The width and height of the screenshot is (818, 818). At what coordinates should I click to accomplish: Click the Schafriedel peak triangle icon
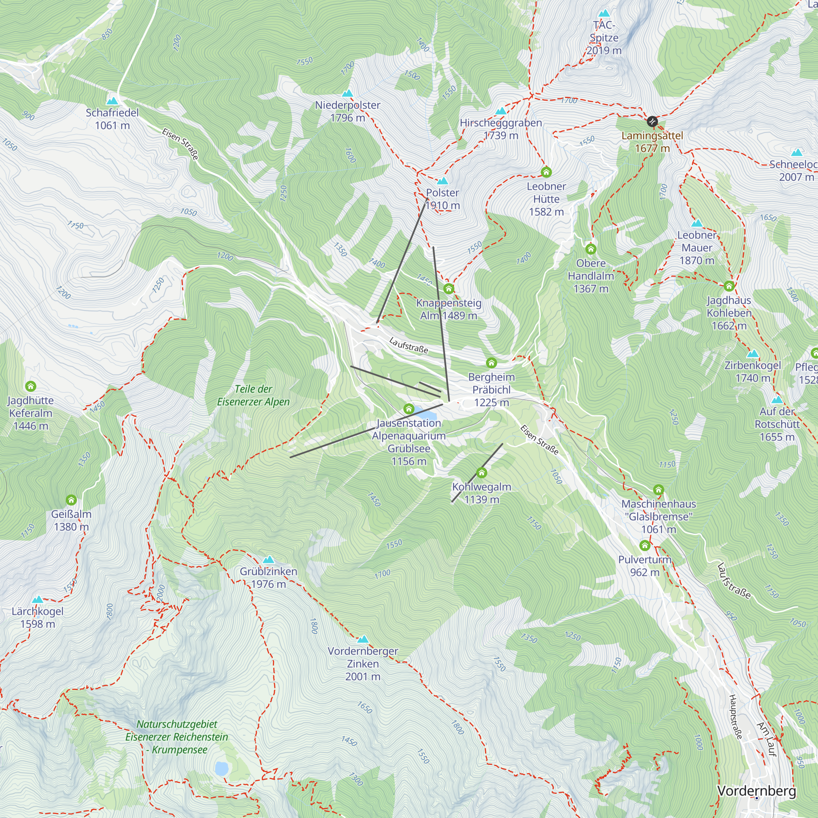pos(112,101)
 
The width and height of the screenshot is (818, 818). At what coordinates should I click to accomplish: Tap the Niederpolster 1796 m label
pos(348,111)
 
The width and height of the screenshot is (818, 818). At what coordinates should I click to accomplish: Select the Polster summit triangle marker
pos(443,181)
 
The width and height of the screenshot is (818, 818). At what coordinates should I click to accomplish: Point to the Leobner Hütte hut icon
pos(546,172)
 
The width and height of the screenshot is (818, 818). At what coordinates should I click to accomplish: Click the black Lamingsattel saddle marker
pos(652,122)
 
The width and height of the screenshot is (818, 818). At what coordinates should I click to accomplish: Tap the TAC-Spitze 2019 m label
pos(604,38)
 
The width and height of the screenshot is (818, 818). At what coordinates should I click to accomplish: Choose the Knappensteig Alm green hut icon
pos(448,289)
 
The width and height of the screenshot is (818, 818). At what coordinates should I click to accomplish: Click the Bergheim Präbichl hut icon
pos(491,363)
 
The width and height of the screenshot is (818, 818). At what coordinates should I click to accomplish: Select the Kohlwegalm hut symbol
pos(481,472)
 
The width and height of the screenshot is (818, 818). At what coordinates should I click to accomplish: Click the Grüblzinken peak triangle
pos(268,560)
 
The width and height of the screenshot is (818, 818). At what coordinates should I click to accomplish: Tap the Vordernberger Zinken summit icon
pos(363,639)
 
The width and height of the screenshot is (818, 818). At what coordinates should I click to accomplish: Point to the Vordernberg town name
pos(757,791)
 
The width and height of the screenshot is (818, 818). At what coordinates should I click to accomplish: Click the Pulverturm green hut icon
pos(645,545)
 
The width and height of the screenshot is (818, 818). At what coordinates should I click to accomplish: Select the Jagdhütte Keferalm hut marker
pos(31,386)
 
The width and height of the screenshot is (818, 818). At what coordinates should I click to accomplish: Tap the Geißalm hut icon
pos(71,500)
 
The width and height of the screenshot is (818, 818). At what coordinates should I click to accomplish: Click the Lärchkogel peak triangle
pos(38,600)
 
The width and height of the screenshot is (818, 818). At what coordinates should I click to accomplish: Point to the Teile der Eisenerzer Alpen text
pos(253,395)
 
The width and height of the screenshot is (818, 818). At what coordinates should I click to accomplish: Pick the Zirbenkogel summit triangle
pos(753,353)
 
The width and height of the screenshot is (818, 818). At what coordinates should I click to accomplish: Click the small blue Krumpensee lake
pos(221,769)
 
